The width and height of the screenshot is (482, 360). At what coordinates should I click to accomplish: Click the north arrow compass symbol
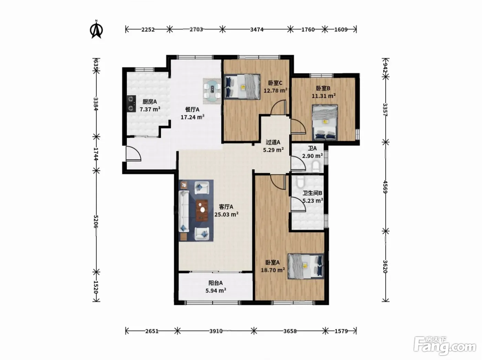(96, 29)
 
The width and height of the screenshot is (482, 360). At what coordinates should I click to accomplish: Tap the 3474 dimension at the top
(256, 29)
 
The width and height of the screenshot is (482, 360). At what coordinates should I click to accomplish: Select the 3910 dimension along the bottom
(216, 331)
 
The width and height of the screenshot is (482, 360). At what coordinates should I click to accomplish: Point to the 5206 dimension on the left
(96, 222)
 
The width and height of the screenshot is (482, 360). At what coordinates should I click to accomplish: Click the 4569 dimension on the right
(385, 187)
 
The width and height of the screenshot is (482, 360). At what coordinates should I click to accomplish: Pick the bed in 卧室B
(325, 123)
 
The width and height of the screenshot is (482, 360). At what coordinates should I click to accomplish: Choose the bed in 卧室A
(306, 266)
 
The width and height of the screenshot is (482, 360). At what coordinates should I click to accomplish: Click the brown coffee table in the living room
(202, 210)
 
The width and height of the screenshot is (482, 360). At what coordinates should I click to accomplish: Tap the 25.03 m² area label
(227, 214)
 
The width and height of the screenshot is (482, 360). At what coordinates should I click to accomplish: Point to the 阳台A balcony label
(216, 283)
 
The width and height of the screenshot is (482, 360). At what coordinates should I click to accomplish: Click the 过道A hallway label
(273, 142)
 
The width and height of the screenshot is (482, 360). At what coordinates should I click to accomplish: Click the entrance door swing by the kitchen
(133, 153)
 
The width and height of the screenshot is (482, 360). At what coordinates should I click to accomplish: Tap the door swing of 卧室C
(278, 107)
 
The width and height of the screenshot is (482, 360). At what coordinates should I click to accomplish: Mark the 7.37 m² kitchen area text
(150, 109)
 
